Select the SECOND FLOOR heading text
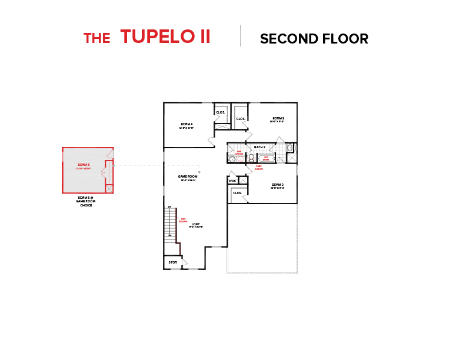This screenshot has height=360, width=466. pyautogui.click(x=314, y=39)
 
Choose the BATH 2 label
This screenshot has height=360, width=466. pyautogui.click(x=259, y=146)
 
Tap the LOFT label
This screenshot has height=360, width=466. pyautogui.click(x=196, y=225)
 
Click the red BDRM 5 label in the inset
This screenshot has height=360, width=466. pyautogui.click(x=84, y=166)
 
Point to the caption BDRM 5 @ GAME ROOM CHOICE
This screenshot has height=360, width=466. pyautogui.click(x=85, y=201)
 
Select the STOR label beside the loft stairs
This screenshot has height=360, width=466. pyautogui.click(x=172, y=262)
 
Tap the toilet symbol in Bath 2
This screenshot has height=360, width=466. pyautogui.click(x=251, y=158)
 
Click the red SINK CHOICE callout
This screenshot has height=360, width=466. pyautogui.click(x=239, y=152)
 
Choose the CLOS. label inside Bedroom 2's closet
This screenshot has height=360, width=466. pyautogui.click(x=238, y=193)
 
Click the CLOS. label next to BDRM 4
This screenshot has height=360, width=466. pyautogui.click(x=221, y=112)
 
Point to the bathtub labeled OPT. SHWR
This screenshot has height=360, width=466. pyautogui.click(x=266, y=158)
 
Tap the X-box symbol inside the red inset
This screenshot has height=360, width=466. pyautogui.click(x=109, y=189)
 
